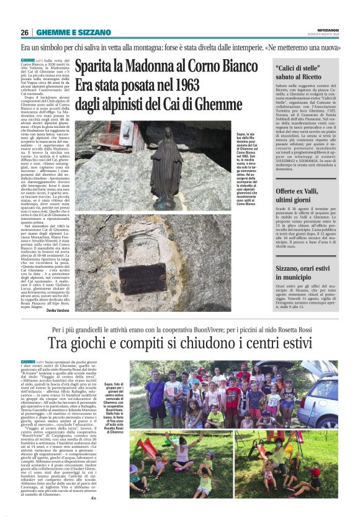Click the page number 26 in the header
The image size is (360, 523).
pyautogui.click(x=24, y=32)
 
